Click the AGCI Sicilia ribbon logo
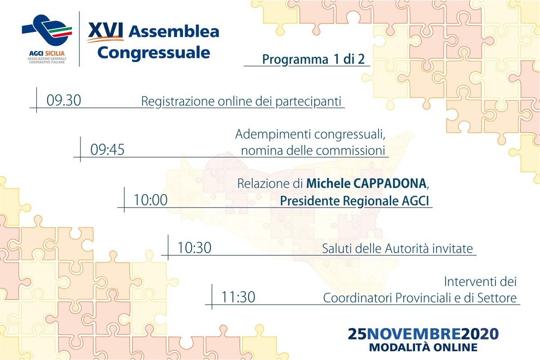[47, 30]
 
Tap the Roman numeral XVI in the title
[106, 31]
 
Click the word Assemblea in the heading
[174, 31]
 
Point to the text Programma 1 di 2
[313, 59]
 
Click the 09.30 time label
[64, 100]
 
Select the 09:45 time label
[107, 149]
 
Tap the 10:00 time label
[151, 200]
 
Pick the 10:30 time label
[195, 248]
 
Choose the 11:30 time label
[238, 297]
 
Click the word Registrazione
[178, 102]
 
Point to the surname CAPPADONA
[390, 184]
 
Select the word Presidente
[310, 201]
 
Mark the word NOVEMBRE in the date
[414, 334]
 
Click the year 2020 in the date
[480, 334]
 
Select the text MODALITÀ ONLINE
[423, 347]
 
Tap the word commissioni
[351, 151]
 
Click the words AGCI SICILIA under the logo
[47, 53]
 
